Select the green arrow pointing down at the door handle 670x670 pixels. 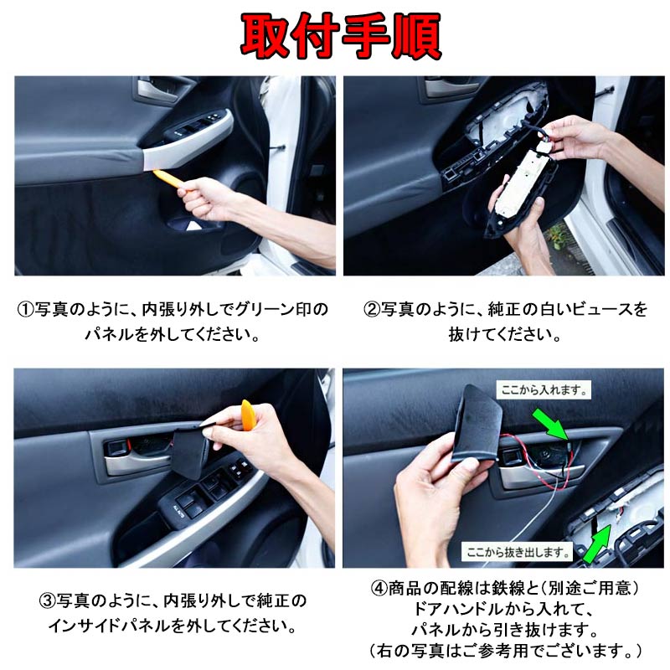point(552,424)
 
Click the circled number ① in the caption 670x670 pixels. point(26,309)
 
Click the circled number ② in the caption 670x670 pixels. point(372,309)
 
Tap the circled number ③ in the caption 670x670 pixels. point(48,600)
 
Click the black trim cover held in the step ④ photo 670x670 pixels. point(477,423)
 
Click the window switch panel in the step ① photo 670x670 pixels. point(194,126)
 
